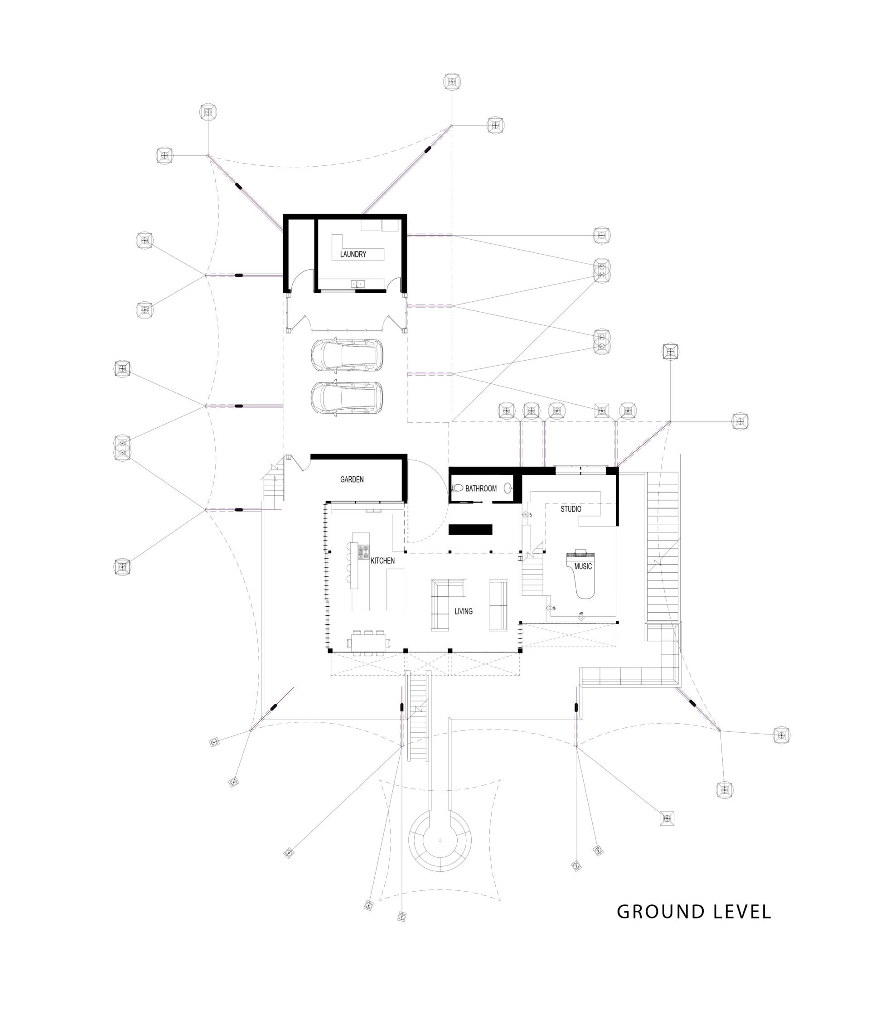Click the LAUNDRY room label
click(x=353, y=254)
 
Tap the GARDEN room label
click(x=352, y=479)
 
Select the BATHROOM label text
click(x=481, y=488)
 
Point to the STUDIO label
click(x=570, y=509)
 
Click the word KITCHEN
click(x=382, y=561)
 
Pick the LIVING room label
click(x=464, y=611)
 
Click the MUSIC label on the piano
click(x=583, y=566)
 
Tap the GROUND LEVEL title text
click(x=694, y=912)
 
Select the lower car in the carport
click(x=347, y=398)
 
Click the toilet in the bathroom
click(x=457, y=488)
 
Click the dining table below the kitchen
click(x=368, y=641)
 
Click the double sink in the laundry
click(x=358, y=283)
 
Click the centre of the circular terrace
click(x=440, y=840)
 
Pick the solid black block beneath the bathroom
click(x=470, y=530)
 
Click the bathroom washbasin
click(x=507, y=488)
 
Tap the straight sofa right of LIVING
click(x=498, y=605)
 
